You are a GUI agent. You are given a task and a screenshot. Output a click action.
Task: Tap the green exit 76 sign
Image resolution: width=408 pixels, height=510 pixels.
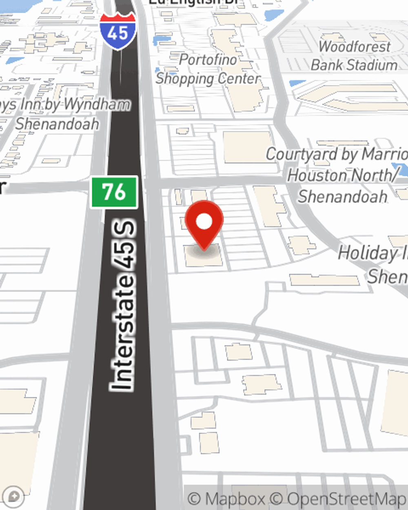click(x=114, y=192)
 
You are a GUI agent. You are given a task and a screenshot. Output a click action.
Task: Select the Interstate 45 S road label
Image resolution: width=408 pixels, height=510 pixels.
click(x=123, y=306)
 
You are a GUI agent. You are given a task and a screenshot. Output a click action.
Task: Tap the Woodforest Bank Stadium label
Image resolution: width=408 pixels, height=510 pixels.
click(x=354, y=56)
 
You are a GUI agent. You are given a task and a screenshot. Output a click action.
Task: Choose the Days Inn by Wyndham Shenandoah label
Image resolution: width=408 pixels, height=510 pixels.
click(x=61, y=114)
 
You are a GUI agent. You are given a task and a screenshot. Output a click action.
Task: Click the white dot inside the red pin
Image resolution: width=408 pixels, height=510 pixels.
click(x=204, y=222)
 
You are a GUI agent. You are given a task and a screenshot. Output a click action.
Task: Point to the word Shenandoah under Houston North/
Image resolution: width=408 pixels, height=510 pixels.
click(x=343, y=196)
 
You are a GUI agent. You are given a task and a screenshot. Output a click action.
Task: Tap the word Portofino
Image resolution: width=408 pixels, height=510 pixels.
click(x=208, y=60)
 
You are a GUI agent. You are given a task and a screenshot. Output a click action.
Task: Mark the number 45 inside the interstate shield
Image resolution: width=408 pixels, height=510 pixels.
click(x=118, y=33)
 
